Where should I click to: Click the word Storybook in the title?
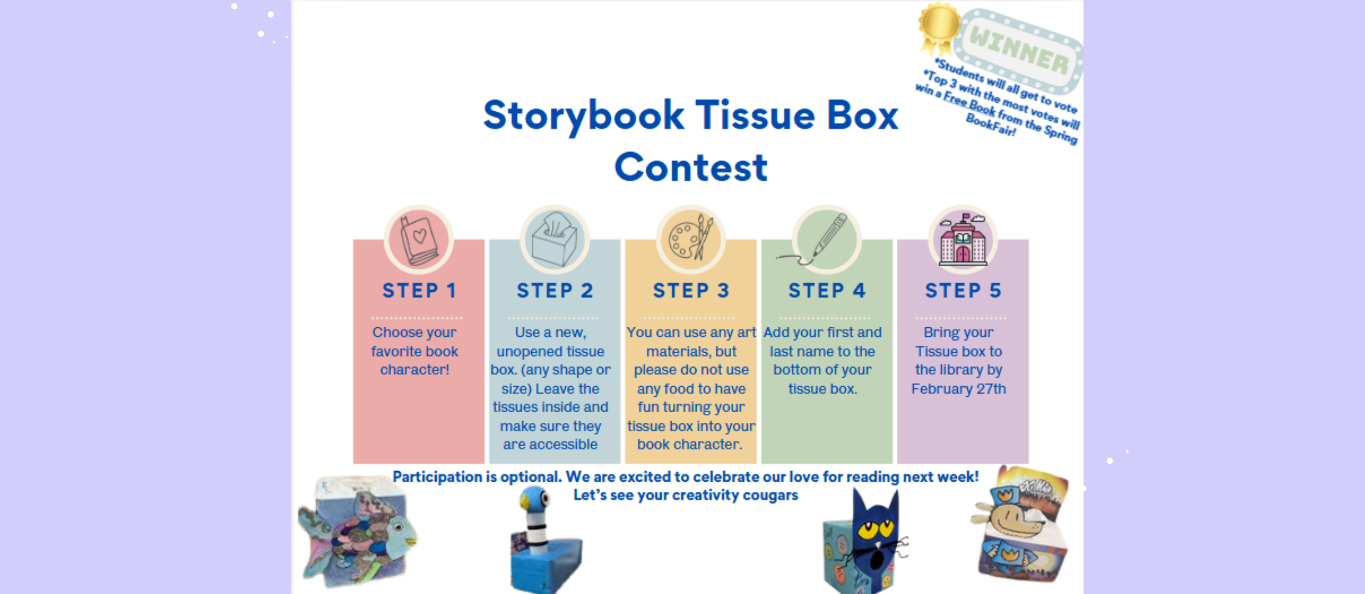(583, 116)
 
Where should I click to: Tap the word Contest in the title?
(691, 168)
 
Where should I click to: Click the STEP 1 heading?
(419, 290)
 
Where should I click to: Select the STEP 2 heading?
(555, 290)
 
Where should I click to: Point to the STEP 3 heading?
(691, 290)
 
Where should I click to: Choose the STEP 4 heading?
(827, 290)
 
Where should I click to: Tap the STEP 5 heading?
(963, 290)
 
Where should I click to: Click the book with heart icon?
(419, 241)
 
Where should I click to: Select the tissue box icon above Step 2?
(555, 241)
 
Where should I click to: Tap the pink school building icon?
(963, 241)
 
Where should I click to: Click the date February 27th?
(958, 389)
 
